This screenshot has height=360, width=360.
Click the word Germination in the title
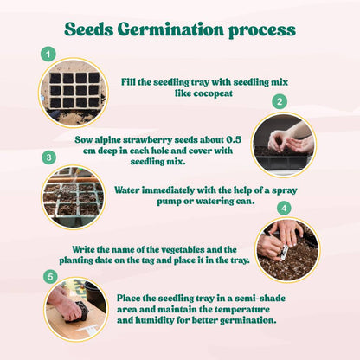tap(176, 29)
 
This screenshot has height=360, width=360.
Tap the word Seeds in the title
tap(93, 29)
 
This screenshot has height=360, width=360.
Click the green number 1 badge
tap(48, 55)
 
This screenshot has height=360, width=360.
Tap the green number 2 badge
tap(280, 101)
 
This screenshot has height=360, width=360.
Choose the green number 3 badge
tap(49, 157)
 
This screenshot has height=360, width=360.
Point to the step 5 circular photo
tap(75, 307)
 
